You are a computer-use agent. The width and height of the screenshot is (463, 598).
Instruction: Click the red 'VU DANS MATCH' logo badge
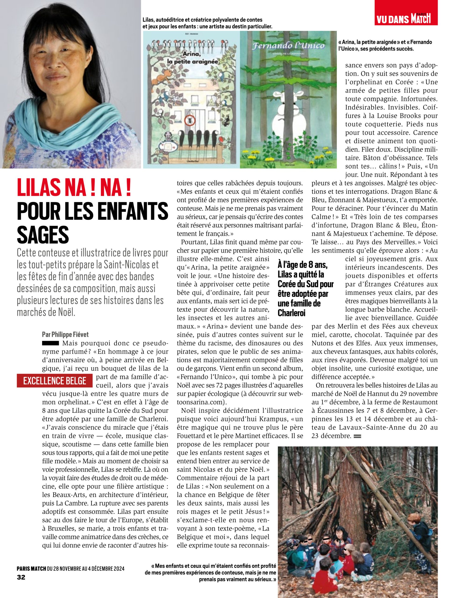406,13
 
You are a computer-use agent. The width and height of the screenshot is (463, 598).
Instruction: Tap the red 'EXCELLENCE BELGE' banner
55,381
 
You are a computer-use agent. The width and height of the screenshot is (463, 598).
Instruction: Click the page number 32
21,577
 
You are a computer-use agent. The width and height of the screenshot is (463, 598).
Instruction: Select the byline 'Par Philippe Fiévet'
65,334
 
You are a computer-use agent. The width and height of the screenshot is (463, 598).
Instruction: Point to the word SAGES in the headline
43,235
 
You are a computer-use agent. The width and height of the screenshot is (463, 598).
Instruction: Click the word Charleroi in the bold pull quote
291,313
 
